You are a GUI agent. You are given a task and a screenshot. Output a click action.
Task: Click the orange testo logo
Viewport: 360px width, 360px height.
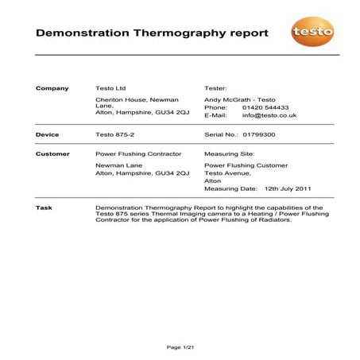[x=312, y=33]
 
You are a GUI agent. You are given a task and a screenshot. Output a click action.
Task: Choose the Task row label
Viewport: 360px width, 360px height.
[x=45, y=207]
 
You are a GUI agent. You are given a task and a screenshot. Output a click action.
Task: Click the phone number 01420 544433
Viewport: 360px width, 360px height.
[x=265, y=107]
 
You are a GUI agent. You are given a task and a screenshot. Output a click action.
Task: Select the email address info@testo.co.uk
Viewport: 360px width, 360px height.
[x=269, y=116]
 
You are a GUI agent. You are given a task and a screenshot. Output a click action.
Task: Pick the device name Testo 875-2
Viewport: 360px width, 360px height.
[x=114, y=135]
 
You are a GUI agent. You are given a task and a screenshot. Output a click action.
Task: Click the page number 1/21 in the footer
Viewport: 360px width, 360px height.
[x=180, y=347]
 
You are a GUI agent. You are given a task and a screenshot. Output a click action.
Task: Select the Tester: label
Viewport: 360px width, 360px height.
[x=215, y=88]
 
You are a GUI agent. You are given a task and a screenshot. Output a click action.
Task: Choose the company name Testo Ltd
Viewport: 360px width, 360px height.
[x=110, y=88]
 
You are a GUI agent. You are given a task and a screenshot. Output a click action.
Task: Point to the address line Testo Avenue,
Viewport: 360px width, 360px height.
[x=227, y=172]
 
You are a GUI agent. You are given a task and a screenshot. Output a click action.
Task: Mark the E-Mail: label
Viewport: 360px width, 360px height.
[x=216, y=116]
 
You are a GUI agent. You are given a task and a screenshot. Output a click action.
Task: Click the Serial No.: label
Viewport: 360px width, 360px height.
[x=222, y=135]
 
